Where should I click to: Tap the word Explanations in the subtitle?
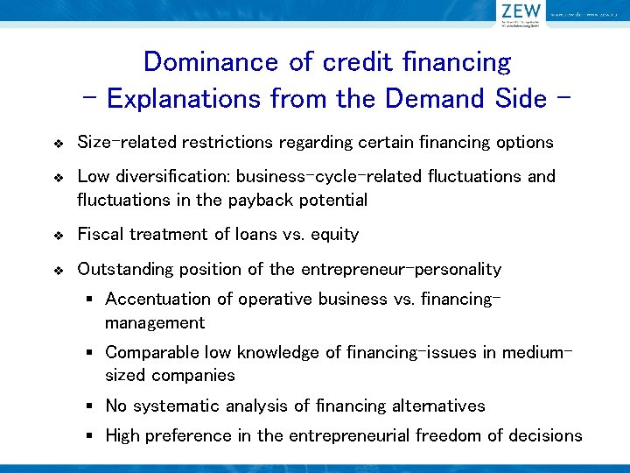(x=183, y=98)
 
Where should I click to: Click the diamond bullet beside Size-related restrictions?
(x=58, y=143)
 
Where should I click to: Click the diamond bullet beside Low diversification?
(x=58, y=178)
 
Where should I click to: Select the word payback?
(x=254, y=200)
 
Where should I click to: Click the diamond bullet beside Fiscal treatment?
(x=58, y=236)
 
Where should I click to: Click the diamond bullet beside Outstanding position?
(x=58, y=271)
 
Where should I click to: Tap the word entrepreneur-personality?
(x=401, y=269)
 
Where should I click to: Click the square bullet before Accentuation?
(x=89, y=300)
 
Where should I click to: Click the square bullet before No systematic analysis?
(x=89, y=406)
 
